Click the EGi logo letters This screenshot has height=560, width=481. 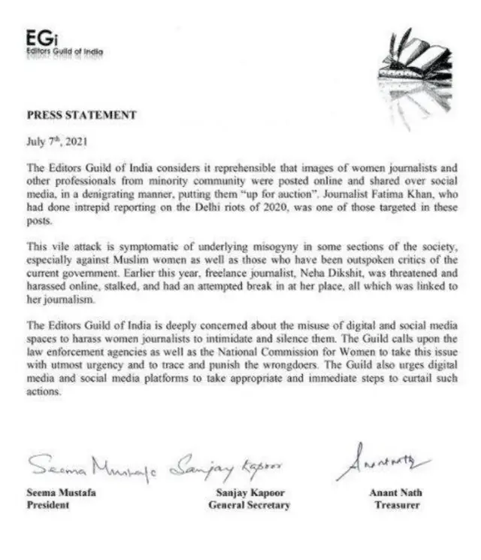tap(38, 37)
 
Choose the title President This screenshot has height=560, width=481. tap(48, 505)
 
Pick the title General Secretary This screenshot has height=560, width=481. tap(249, 505)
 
